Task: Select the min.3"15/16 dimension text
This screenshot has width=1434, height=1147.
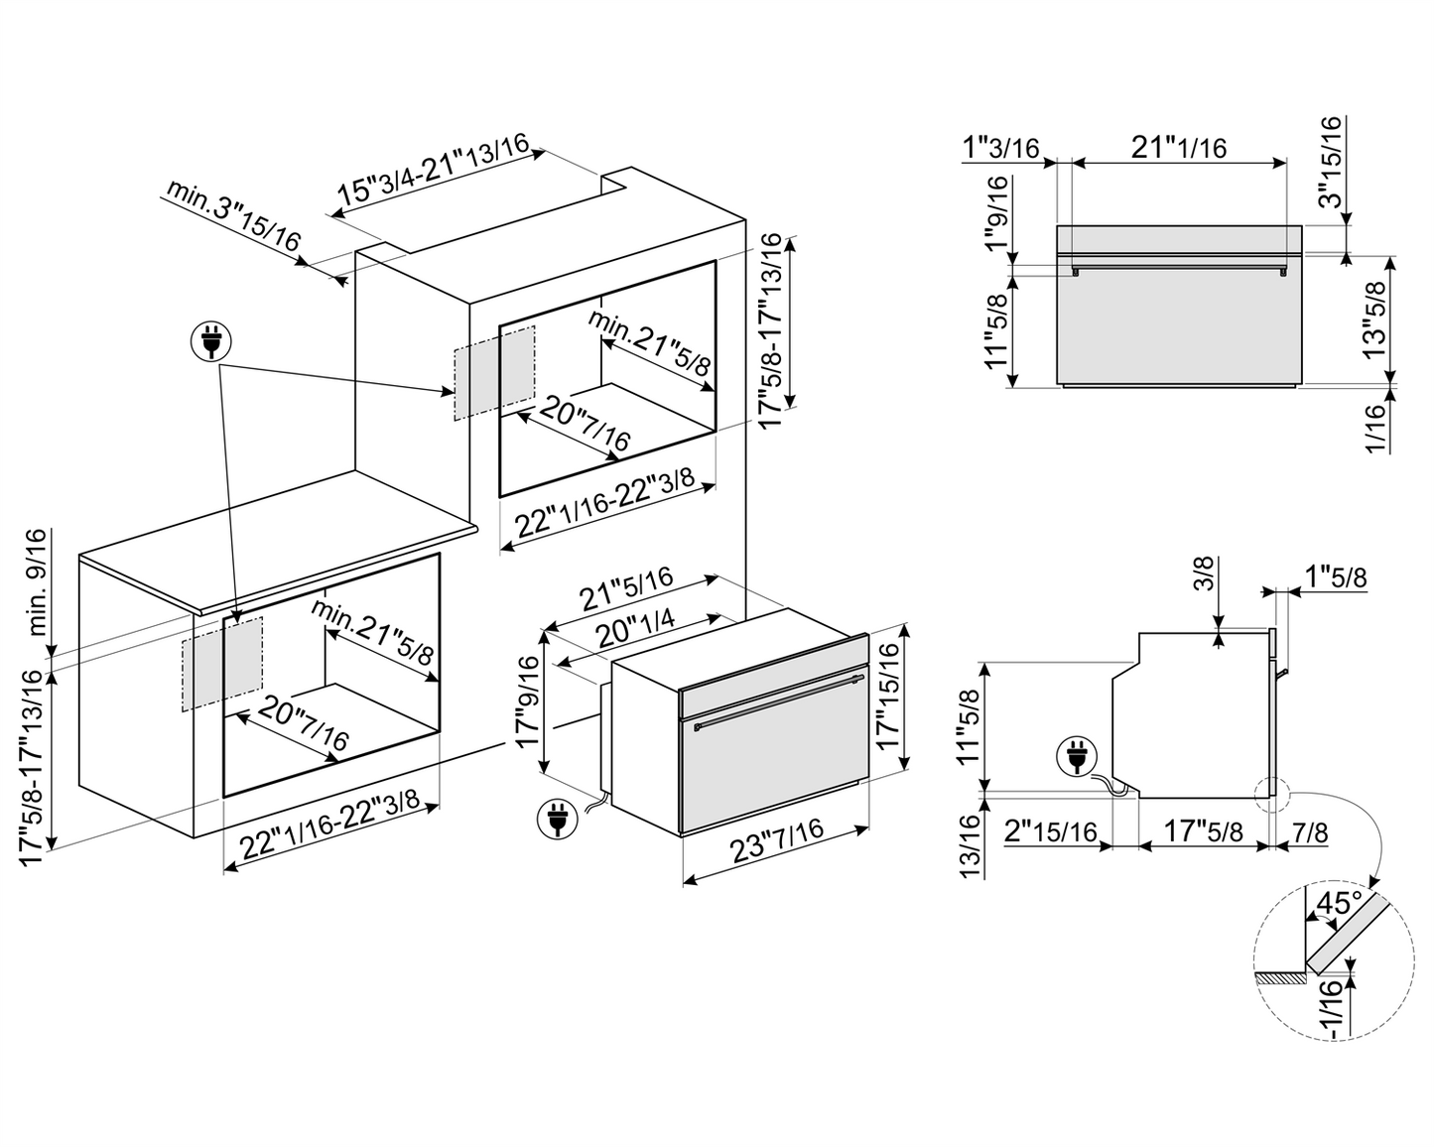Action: point(233,215)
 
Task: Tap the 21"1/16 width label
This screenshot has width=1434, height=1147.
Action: point(1178,148)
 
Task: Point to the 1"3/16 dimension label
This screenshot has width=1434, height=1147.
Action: point(999,148)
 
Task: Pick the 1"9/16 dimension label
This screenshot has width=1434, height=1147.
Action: point(996,216)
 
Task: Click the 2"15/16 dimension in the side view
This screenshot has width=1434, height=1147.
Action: point(1050,831)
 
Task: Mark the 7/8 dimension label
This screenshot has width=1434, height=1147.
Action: point(1310,831)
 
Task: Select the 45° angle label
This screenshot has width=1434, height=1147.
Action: point(1334,903)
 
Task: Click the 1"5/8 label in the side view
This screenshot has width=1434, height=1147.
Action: point(1336,576)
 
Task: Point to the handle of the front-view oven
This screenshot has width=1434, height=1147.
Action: point(1178,266)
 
